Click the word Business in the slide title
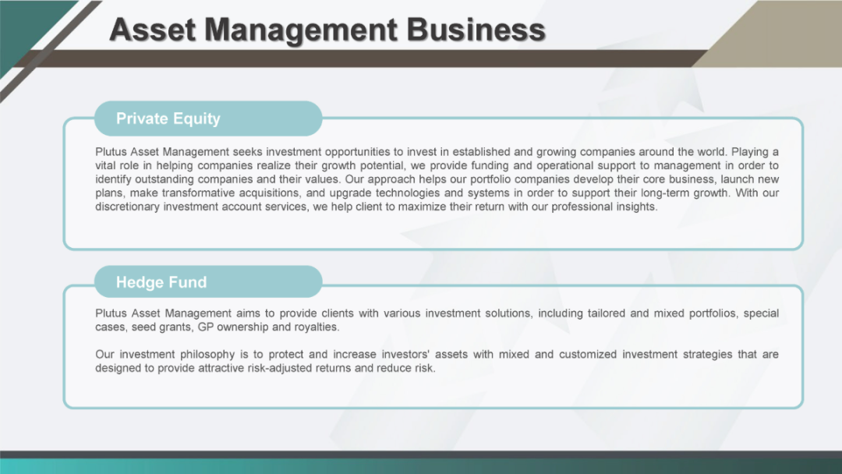[476, 30]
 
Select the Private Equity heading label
[168, 118]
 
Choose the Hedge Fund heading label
[161, 282]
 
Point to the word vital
[104, 165]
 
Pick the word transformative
[197, 193]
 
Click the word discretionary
[127, 207]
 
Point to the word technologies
[408, 193]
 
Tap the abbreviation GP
[206, 327]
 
